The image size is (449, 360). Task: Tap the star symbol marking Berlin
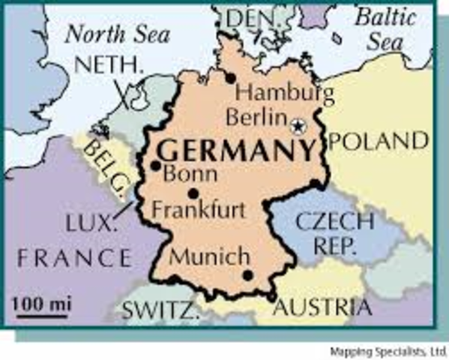tap(299, 125)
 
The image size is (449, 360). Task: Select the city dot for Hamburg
tap(231, 77)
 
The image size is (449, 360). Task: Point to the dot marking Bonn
tap(155, 166)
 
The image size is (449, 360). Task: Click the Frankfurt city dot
tap(193, 193)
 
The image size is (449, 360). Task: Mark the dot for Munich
tap(247, 275)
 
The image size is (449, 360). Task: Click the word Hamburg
tap(285, 94)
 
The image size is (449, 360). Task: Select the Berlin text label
tap(257, 118)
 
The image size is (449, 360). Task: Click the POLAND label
tap(383, 140)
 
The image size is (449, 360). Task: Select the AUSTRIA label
tap(322, 307)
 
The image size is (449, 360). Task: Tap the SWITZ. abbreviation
tap(159, 308)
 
